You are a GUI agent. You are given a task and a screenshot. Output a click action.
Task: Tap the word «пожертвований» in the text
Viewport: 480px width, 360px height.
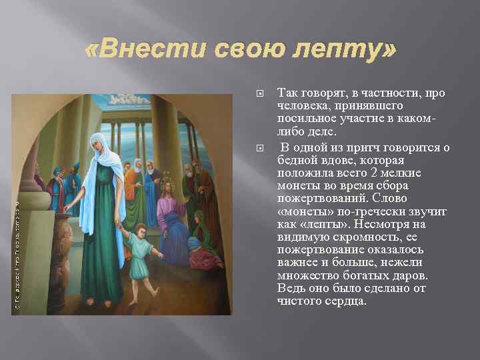pyautogui.click(x=319, y=199)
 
